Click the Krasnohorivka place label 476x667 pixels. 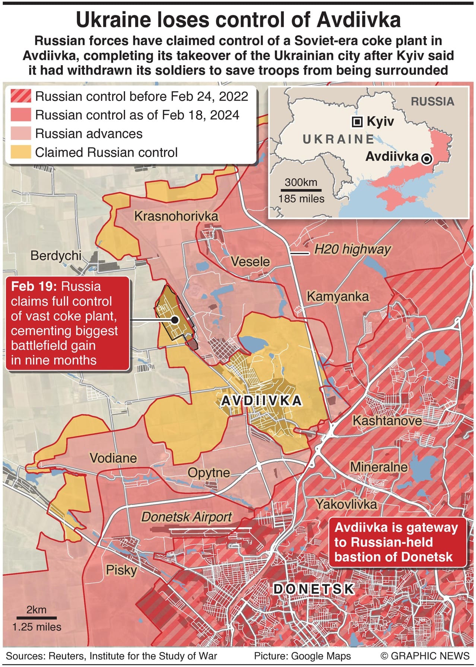[176, 216]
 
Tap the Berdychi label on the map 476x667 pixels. [56, 255]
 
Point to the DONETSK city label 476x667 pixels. [314, 589]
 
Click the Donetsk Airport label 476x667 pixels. [186, 517]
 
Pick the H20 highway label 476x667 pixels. [352, 249]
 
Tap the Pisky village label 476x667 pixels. [121, 570]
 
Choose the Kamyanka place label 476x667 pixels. [337, 296]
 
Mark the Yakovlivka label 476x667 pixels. [346, 504]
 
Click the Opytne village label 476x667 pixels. [209, 473]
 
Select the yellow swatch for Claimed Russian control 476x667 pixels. [20, 152]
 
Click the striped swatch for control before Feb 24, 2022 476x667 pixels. [20, 96]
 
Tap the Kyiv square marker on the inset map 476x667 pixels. [357, 121]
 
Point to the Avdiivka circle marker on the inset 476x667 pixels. [427, 159]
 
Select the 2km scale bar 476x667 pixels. [37, 618]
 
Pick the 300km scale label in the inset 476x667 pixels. [301, 182]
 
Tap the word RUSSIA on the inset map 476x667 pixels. [432, 101]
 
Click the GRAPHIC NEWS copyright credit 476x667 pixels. [425, 656]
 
